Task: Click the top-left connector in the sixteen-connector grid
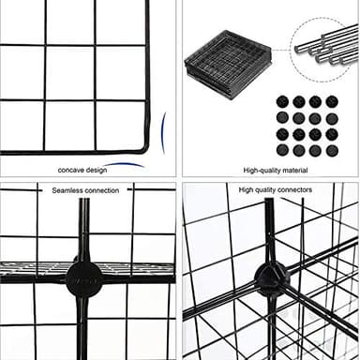tap(282, 100)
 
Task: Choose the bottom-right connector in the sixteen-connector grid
tap(332, 150)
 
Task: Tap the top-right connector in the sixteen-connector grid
tap(332, 100)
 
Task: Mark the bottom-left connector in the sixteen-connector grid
tap(282, 150)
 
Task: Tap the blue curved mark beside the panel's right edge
tap(163, 131)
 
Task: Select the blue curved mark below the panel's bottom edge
tap(124, 163)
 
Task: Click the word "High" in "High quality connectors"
tap(247, 189)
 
